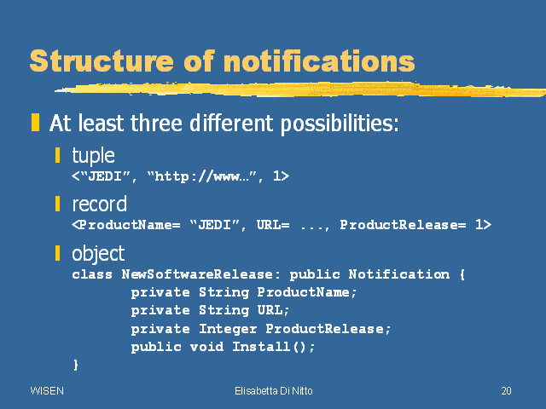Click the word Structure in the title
click(102, 60)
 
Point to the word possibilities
click(340, 124)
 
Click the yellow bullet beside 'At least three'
click(35, 123)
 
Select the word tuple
click(93, 155)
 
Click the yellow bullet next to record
click(57, 204)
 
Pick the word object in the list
click(98, 254)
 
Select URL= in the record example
click(273, 225)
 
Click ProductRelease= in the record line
click(403, 225)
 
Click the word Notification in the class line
click(399, 274)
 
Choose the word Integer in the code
click(228, 329)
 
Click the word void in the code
click(206, 347)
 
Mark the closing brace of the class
click(76, 365)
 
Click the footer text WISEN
click(47, 391)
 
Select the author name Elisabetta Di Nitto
click(274, 391)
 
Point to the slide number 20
click(506, 391)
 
